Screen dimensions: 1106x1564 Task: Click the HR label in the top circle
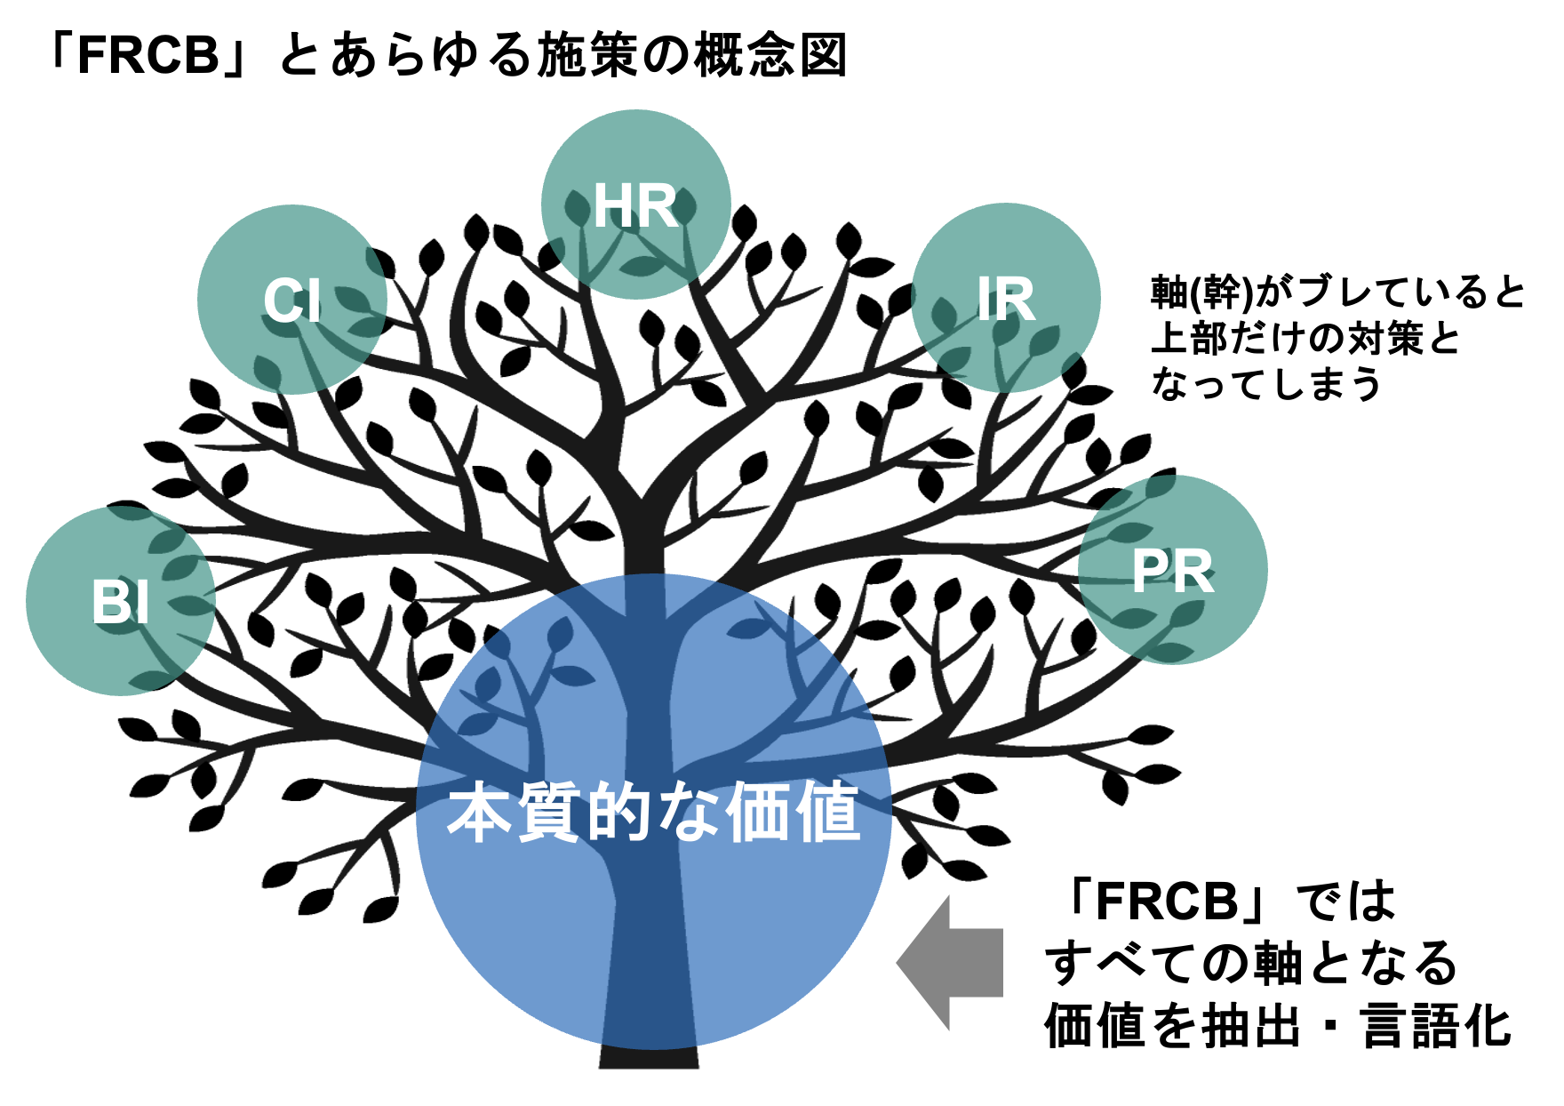tap(635, 206)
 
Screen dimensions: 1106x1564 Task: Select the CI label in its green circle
tap(291, 301)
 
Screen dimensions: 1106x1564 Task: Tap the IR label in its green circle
tap(1006, 299)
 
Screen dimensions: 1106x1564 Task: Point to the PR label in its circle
tap(1172, 572)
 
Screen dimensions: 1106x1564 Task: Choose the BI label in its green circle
tap(120, 602)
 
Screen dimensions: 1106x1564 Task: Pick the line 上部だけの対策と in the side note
tap(1305, 339)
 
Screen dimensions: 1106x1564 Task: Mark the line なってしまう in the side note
tap(1265, 384)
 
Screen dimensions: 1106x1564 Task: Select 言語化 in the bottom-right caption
tap(1436, 1026)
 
